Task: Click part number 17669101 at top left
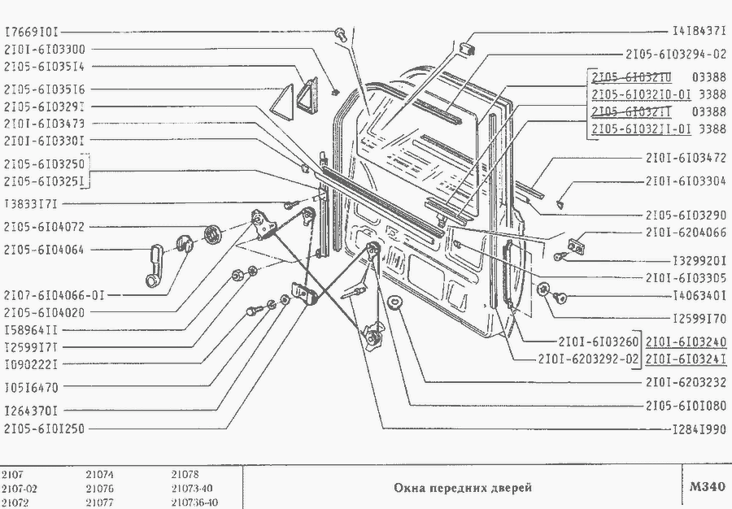[x=31, y=33]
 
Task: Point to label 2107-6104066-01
[x=54, y=294]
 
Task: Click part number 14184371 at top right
[x=699, y=33]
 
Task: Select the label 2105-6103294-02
[x=676, y=55]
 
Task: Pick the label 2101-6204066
[x=686, y=232]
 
